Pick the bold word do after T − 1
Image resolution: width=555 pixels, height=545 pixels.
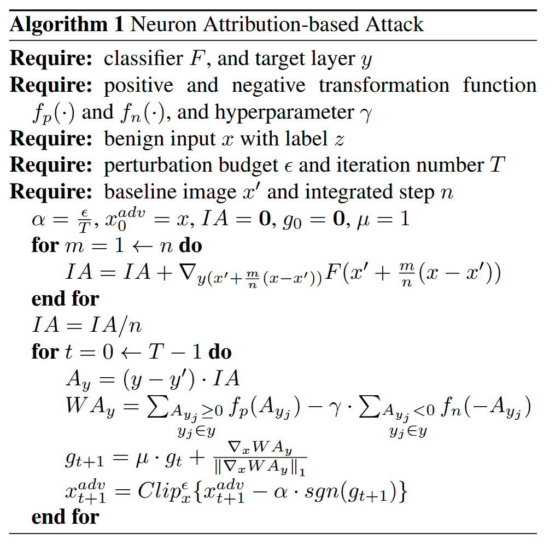point(220,352)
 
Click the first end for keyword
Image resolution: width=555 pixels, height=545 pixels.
point(66,299)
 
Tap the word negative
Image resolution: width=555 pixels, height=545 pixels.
point(267,86)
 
